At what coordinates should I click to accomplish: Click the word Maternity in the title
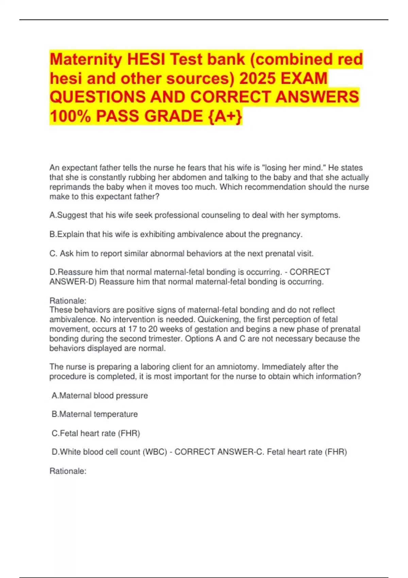86,60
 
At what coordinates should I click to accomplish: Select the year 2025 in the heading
257,79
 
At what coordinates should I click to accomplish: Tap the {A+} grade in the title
224,116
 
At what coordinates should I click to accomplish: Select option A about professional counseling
195,215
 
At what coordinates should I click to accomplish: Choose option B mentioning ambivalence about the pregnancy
176,234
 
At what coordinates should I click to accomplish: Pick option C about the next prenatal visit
182,254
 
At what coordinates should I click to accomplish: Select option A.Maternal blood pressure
100,396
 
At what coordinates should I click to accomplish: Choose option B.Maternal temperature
95,414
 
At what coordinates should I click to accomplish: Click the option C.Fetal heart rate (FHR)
96,434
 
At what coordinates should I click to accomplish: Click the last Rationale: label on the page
68,471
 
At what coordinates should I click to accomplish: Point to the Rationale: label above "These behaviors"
68,301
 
